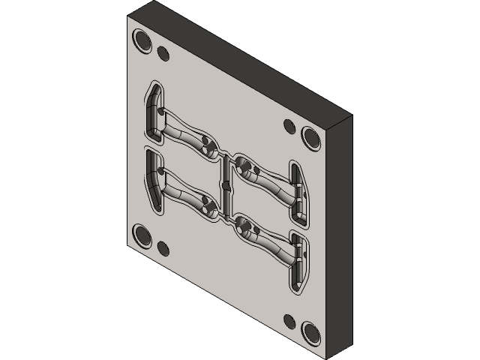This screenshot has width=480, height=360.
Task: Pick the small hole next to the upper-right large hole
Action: (x=287, y=125)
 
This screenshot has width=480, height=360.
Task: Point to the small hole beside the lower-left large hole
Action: (x=163, y=248)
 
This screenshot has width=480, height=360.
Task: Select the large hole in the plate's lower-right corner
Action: (x=310, y=332)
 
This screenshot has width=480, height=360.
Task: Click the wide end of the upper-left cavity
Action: (x=154, y=112)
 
